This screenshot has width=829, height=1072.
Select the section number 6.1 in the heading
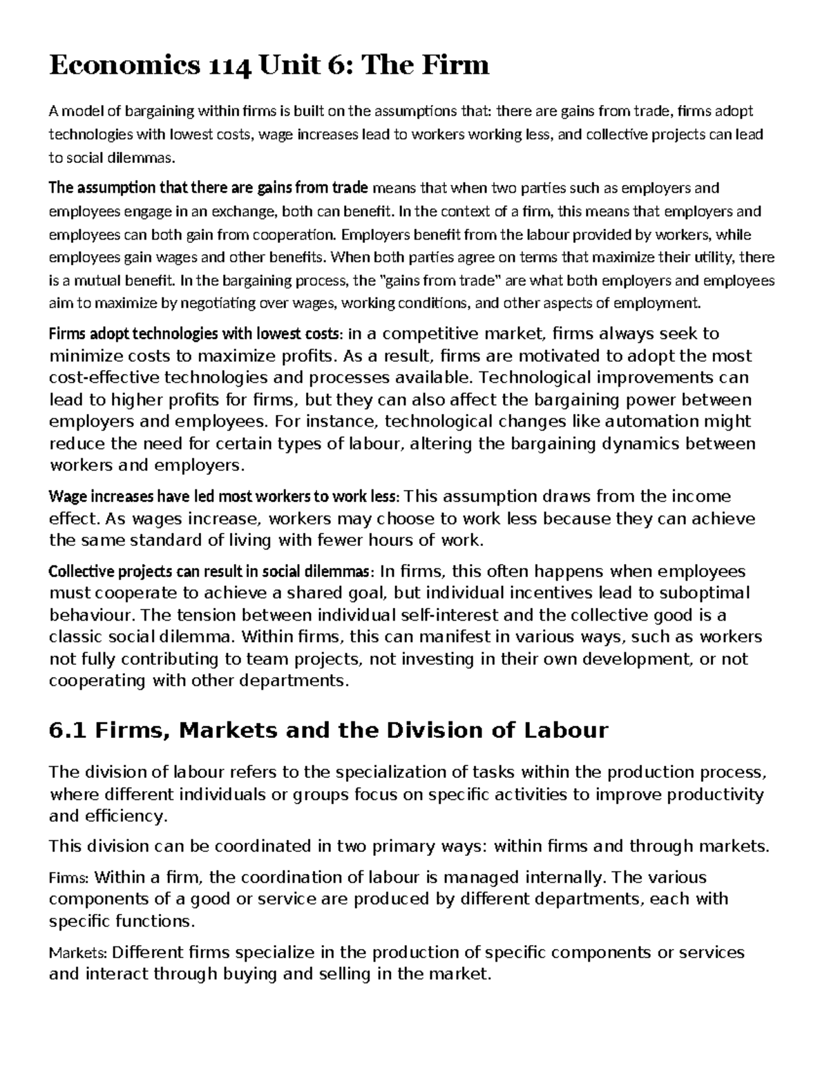[68, 730]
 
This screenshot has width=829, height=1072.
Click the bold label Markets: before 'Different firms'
[78, 953]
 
